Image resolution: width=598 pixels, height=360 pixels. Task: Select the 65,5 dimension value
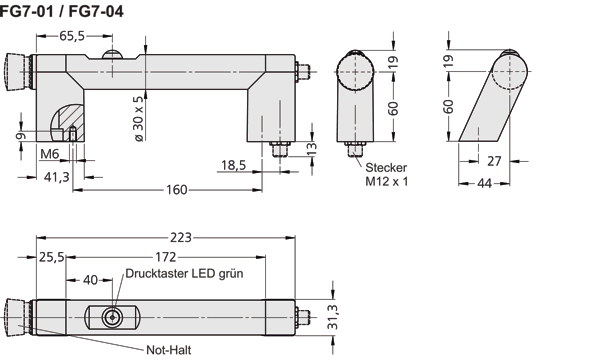[71, 35]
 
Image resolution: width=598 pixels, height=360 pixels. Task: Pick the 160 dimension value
[177, 189]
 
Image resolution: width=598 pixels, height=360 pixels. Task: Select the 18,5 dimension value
[233, 163]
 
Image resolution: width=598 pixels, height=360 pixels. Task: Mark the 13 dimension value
[310, 148]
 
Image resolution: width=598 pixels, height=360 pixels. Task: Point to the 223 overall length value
[180, 238]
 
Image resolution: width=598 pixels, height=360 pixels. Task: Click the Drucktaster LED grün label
[185, 273]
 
